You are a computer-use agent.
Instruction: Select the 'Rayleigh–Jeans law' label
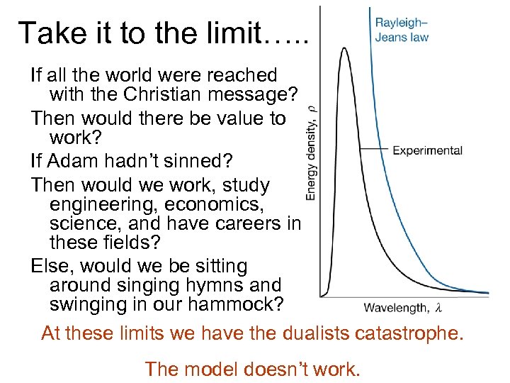(402, 30)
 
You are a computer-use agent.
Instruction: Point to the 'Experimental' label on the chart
(427, 150)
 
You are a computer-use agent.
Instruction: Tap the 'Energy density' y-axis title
(312, 152)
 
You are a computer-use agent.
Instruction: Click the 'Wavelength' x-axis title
(395, 308)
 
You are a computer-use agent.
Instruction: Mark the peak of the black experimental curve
(344, 48)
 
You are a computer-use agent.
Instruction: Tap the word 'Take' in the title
(50, 33)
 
